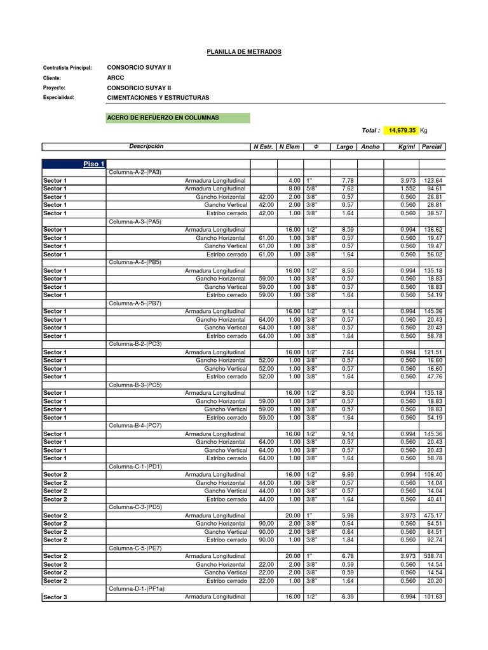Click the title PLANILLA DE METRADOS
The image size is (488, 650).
(244, 51)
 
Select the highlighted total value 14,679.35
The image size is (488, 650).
(402, 130)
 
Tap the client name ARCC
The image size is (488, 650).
(115, 77)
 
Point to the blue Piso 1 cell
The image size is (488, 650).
(94, 164)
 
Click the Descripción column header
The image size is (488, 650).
(146, 147)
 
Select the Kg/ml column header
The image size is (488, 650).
(405, 147)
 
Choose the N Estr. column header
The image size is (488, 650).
(263, 147)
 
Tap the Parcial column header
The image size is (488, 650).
(431, 147)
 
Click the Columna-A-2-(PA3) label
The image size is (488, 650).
(135, 173)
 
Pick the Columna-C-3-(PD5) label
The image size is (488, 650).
(135, 507)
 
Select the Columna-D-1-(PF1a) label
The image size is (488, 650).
(137, 589)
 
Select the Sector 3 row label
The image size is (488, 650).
(55, 597)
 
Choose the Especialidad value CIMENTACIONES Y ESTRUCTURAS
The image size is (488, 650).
(158, 98)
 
